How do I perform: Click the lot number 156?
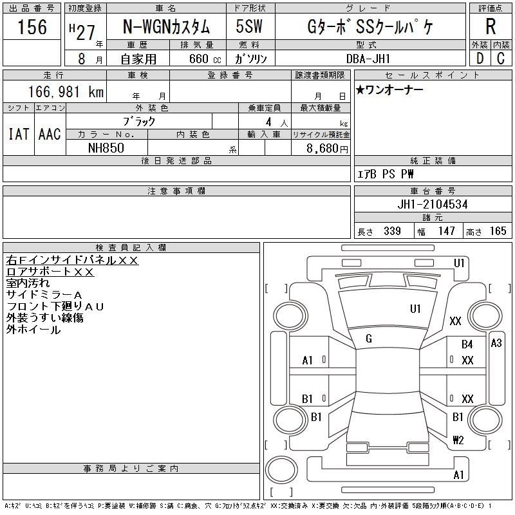[32, 27]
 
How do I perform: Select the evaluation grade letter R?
[491, 27]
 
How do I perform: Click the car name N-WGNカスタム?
[166, 27]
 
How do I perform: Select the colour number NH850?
[106, 147]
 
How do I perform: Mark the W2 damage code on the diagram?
[458, 440]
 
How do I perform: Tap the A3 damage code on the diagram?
[496, 343]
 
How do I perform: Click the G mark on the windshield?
[369, 339]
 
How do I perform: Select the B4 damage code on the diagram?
[467, 344]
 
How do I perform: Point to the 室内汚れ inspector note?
[28, 283]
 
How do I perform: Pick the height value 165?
[498, 231]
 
